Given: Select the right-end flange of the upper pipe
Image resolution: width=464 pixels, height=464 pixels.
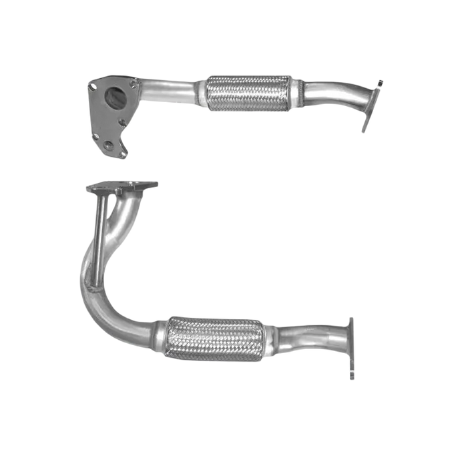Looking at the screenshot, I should (x=369, y=107).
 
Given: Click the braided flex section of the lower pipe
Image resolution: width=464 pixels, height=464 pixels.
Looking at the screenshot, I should (x=212, y=339).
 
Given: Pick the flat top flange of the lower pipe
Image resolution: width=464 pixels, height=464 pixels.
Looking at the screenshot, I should (x=122, y=187).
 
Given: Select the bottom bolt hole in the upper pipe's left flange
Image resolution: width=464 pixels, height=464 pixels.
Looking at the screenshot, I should (x=108, y=145).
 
